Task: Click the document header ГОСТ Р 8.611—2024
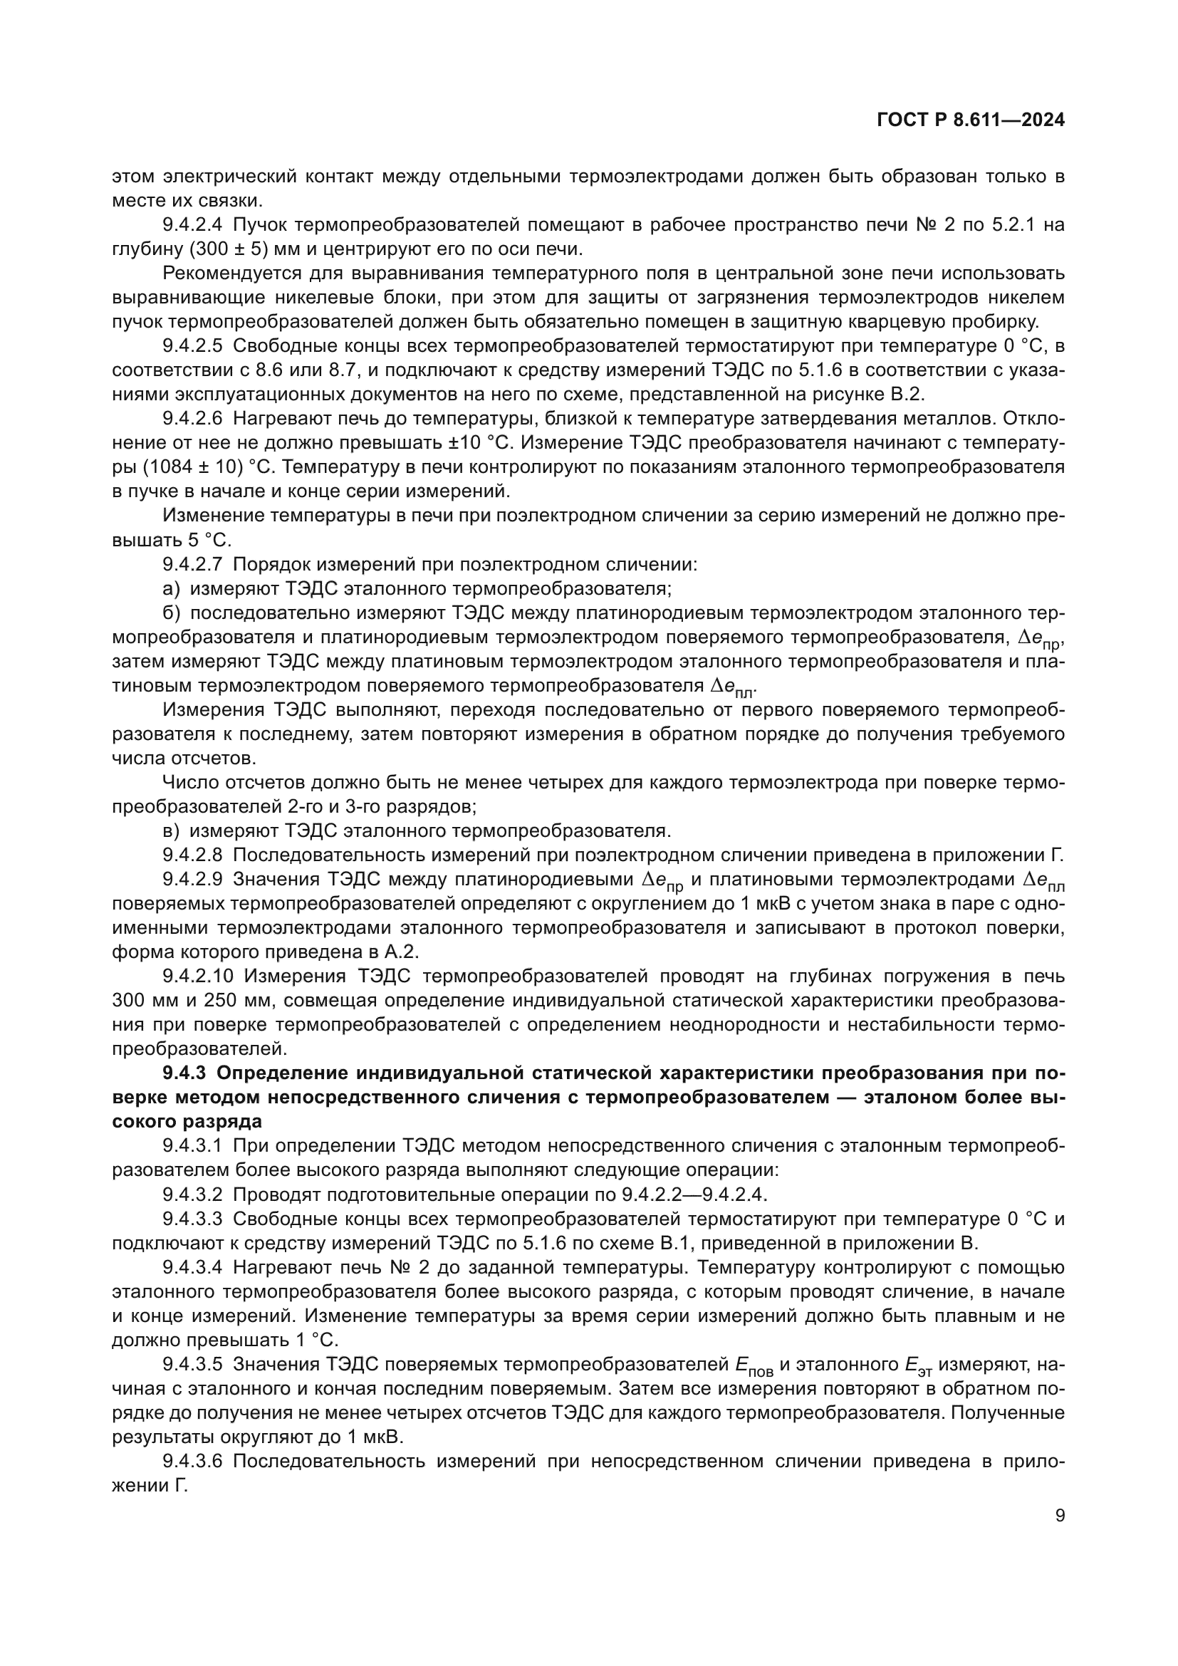(x=971, y=120)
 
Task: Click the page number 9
(x=1060, y=1516)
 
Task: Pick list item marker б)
(x=171, y=613)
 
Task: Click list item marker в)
(x=171, y=831)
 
